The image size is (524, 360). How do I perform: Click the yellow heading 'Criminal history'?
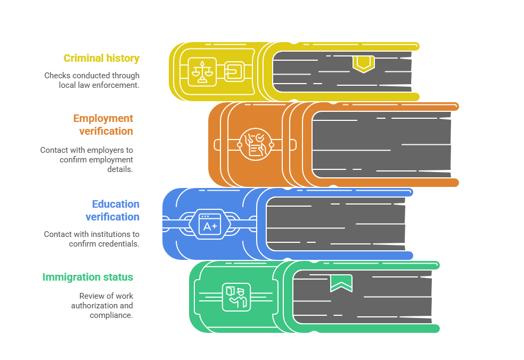click(x=101, y=59)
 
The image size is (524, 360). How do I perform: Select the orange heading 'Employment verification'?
click(x=103, y=125)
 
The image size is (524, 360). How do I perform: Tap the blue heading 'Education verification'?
click(x=113, y=210)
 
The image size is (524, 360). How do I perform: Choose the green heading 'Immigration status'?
click(x=88, y=277)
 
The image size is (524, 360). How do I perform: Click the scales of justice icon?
click(x=202, y=71)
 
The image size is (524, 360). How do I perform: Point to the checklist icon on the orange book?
click(x=255, y=144)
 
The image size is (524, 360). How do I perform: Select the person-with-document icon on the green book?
click(x=235, y=296)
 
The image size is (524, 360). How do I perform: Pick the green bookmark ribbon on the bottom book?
click(x=341, y=283)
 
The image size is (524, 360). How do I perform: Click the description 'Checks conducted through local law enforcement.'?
click(x=92, y=80)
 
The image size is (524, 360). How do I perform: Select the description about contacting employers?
click(x=87, y=160)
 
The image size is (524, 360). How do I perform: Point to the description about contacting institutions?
click(x=92, y=239)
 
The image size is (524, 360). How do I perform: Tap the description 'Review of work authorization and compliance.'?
click(x=102, y=306)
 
